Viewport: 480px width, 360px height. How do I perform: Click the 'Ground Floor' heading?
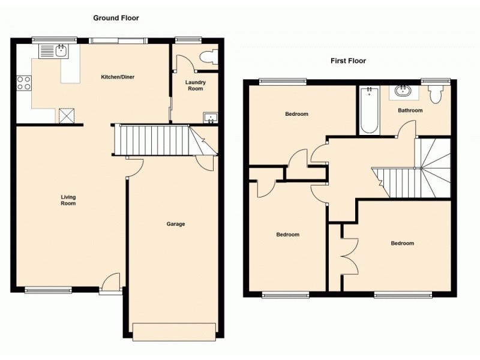point(116,18)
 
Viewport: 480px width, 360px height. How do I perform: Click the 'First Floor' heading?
point(348,61)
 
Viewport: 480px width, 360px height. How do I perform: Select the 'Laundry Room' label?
point(196,85)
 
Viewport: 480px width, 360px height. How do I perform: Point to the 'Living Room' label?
point(68,200)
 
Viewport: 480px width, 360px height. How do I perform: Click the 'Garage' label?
point(176,224)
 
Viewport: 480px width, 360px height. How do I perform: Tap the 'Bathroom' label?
point(410,110)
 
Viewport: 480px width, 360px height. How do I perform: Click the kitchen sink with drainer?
point(54,51)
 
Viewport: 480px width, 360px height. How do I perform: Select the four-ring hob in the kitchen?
point(24,83)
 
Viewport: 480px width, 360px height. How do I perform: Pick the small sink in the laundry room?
point(211,118)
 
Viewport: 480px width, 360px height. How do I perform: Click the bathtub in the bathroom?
point(369,110)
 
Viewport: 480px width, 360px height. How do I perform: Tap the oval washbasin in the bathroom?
point(403,91)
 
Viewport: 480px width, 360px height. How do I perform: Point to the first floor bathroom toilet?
point(436,94)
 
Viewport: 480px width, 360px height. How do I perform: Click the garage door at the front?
point(175,332)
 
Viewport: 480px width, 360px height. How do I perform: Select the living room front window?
point(48,290)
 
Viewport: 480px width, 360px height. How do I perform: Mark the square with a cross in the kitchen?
point(67,116)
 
